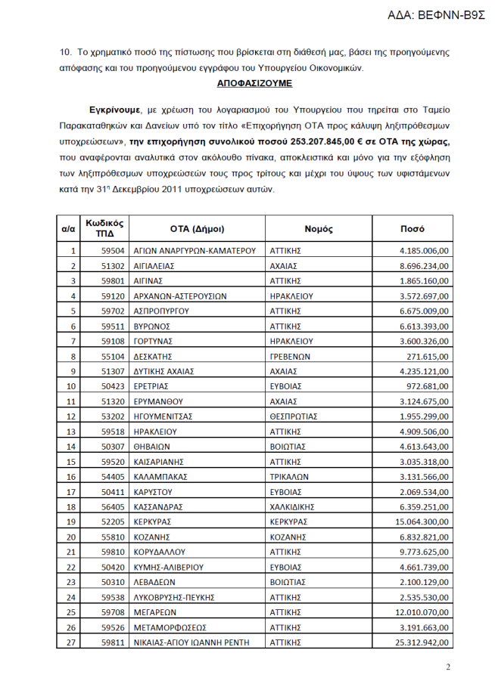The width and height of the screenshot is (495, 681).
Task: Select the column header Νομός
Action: (x=319, y=228)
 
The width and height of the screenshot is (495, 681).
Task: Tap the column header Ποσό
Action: (x=412, y=228)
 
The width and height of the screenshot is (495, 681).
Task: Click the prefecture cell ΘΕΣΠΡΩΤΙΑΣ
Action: (x=293, y=416)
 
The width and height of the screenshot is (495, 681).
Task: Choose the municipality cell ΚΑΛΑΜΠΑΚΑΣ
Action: (x=160, y=477)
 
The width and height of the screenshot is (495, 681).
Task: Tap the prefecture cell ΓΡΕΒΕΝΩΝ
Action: (x=289, y=356)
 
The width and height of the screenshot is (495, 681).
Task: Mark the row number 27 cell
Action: (x=73, y=642)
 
